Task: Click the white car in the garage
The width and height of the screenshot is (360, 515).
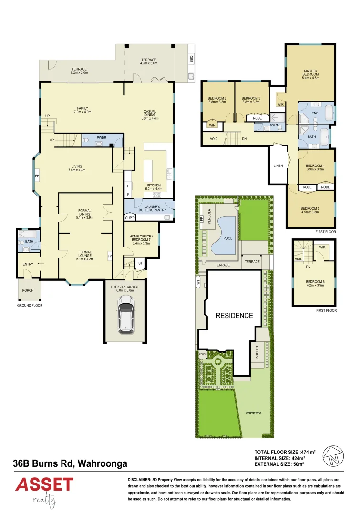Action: [x=125, y=315]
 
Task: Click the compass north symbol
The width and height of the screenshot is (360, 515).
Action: [x=333, y=456]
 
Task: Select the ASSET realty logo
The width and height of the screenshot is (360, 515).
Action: [x=44, y=490]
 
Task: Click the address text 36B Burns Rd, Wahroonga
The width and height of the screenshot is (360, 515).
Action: [x=70, y=463]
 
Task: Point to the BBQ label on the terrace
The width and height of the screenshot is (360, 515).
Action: [x=191, y=60]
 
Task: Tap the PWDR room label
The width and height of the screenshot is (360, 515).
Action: [x=101, y=137]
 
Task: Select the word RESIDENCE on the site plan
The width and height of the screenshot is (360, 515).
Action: [x=234, y=316]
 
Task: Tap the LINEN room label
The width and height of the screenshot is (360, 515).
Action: [x=278, y=165]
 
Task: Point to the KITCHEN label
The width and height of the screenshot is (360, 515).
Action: [x=154, y=185]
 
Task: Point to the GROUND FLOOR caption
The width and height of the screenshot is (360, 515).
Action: [x=30, y=306]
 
